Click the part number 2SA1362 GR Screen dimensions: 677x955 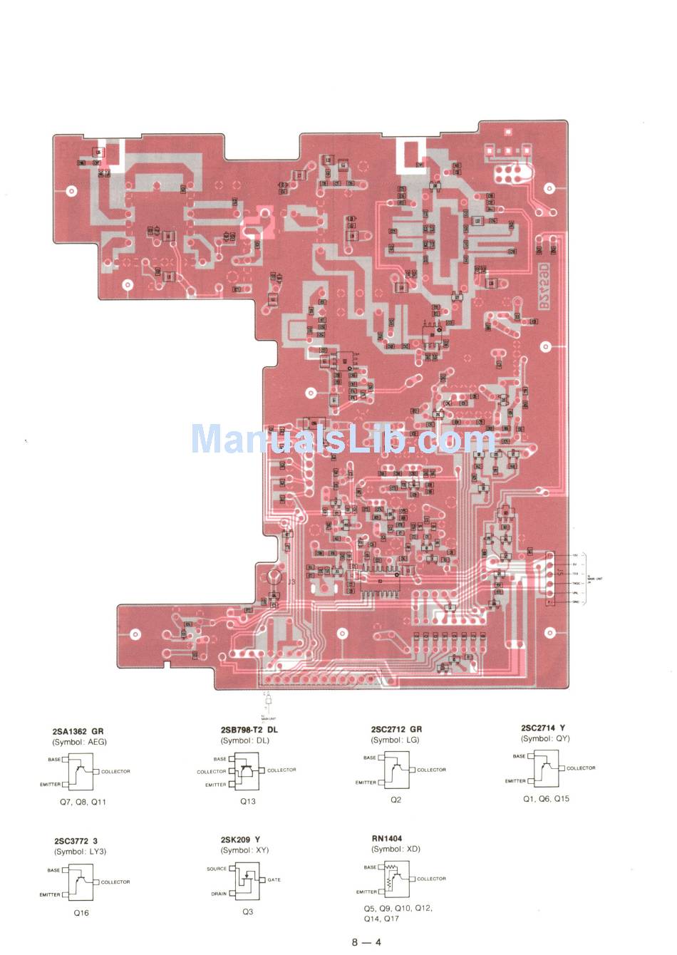(78, 731)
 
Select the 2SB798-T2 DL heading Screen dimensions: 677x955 (249, 730)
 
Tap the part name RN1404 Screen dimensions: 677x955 (386, 838)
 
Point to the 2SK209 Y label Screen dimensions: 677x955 (240, 840)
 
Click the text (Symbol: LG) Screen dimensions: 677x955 (395, 740)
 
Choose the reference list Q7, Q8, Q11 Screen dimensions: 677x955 (83, 802)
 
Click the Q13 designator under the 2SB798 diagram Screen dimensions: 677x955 (247, 801)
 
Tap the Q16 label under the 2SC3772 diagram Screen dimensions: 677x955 (81, 913)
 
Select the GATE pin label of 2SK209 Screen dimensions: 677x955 (274, 879)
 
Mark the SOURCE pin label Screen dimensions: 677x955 (217, 869)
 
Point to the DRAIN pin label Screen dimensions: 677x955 (219, 894)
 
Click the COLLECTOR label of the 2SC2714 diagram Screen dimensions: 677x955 (581, 768)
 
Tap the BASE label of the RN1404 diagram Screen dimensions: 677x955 (370, 867)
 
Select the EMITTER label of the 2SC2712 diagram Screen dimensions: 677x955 (366, 783)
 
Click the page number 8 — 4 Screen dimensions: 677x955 (366, 942)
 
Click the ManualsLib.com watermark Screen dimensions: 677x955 (342, 439)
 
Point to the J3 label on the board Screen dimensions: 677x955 (291, 582)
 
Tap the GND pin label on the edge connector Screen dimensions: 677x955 (575, 602)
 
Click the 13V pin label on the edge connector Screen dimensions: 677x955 (575, 554)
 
